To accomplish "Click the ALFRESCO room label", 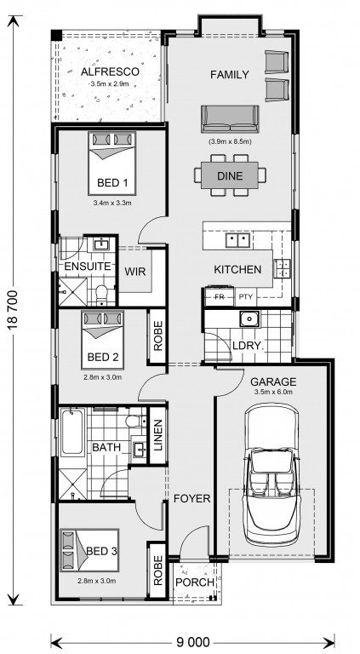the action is tap(110, 72).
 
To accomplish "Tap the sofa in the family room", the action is tap(230, 119).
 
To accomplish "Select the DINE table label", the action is tap(230, 176).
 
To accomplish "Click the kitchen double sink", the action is tap(237, 240).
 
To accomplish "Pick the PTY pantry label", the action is tap(243, 297).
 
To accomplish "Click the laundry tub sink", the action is tap(249, 318).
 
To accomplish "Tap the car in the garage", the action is tap(272, 476).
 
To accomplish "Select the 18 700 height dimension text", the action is tap(14, 310).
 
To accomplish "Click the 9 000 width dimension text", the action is tap(193, 641).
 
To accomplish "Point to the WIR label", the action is tap(135, 272).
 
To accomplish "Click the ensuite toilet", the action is tap(101, 293).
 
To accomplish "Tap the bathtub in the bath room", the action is tap(72, 433).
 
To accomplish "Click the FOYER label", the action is tap(192, 498).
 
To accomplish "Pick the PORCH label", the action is tap(195, 582).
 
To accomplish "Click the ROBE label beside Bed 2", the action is tap(158, 336).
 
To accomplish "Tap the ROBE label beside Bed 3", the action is tap(158, 570).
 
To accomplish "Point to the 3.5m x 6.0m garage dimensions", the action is tap(273, 392).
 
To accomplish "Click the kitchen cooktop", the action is tap(283, 268).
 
